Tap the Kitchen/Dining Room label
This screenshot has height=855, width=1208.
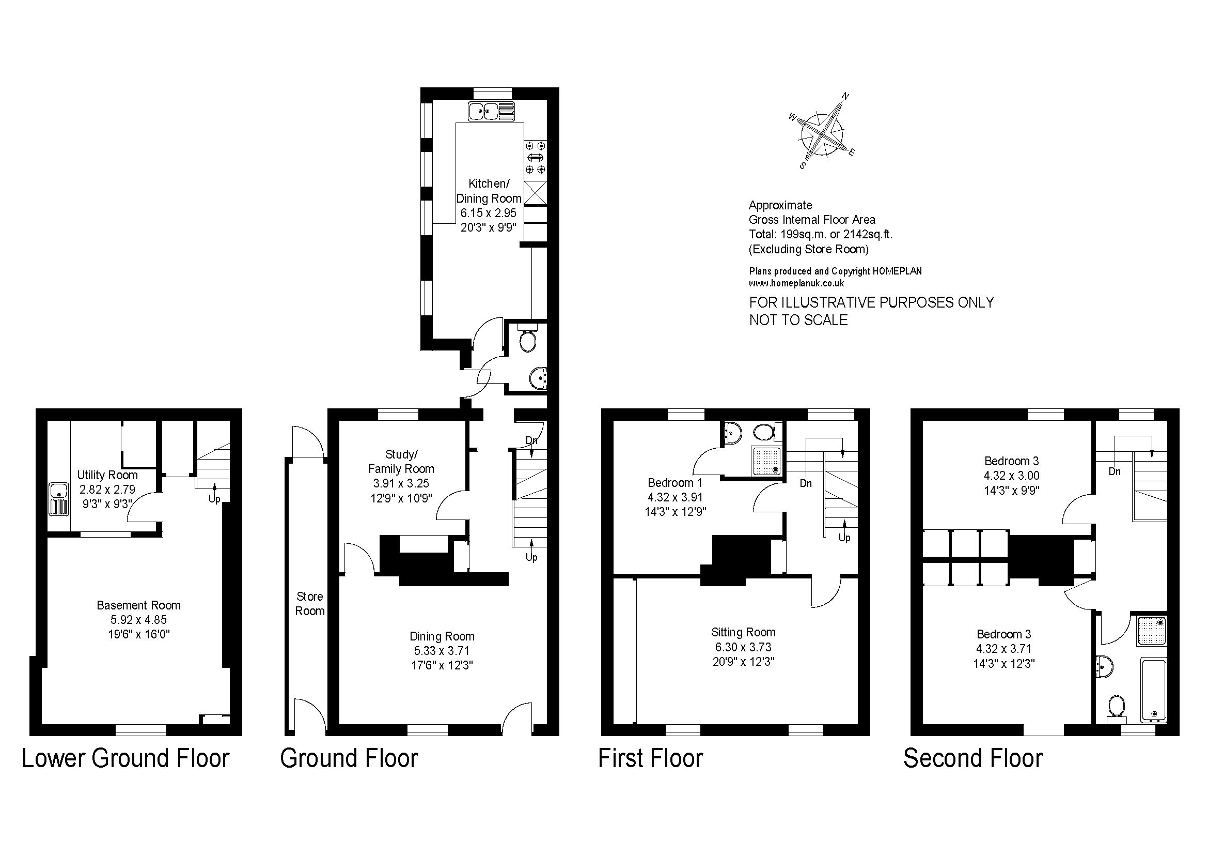pos(489,191)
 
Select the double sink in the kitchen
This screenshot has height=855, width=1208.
pos(491,112)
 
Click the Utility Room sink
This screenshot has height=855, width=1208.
pos(59,498)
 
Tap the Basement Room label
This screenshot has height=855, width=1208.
pos(138,605)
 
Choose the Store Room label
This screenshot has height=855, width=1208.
pos(309,604)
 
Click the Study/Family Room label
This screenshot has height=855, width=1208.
pos(401,462)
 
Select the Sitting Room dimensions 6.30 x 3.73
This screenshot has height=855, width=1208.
pos(743,647)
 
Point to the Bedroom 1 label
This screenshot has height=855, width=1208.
pos(674,483)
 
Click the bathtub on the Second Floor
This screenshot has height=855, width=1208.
pos(1153,690)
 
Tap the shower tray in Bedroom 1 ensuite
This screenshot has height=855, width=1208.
pos(767,461)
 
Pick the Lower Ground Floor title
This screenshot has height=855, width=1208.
pos(125,759)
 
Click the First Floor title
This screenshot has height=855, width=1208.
pos(650,759)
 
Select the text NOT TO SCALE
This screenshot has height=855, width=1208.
pos(798,320)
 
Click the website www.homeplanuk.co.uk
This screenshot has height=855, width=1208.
pos(796,283)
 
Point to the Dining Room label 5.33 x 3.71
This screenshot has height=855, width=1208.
pos(442,651)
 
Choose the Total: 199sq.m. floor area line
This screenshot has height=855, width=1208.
pos(820,234)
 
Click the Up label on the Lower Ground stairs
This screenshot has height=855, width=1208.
pos(214,498)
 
